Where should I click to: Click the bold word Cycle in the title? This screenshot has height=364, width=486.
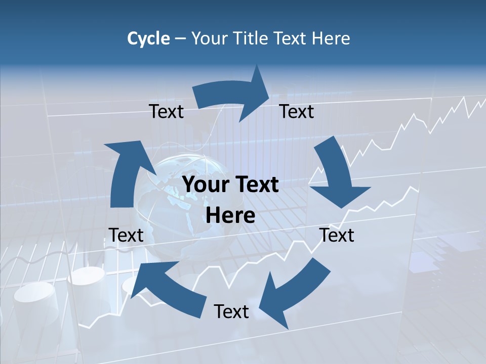148,38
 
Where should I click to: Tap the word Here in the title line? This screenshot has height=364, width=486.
330,38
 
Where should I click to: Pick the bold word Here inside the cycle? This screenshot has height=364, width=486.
230,216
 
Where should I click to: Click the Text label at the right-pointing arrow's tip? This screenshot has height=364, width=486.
297,111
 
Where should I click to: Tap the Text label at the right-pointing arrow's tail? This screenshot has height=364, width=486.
166,111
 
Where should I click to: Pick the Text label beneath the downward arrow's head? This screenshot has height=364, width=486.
337,235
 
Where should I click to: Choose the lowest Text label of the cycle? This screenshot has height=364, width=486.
231,311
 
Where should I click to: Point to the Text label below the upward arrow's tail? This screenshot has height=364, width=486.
126,235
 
